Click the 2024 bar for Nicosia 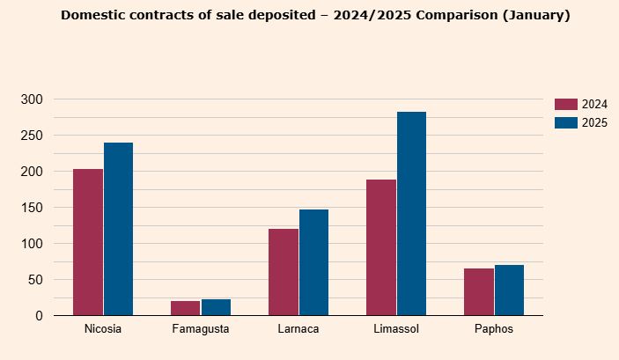88,242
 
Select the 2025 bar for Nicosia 118,229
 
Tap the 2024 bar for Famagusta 186,308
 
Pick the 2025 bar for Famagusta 216,307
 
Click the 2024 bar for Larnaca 284,272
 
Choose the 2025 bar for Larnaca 313,262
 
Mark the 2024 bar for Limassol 381,247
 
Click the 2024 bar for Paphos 479,292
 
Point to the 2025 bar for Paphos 509,290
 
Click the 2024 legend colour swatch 565,104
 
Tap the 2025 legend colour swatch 565,122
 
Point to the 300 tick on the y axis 31,99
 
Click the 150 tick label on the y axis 31,208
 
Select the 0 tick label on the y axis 38,316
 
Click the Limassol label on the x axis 396,329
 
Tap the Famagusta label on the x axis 201,329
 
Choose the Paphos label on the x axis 494,329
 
